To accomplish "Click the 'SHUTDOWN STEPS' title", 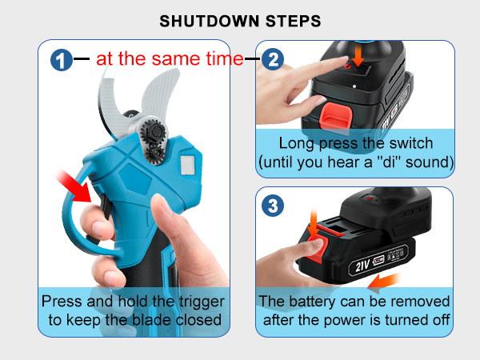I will pos(239,20).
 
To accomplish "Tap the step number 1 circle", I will pos(61,59).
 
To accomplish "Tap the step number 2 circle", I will pos(274,59).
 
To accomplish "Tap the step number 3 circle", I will pos(274,206).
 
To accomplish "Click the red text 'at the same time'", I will pos(170,58).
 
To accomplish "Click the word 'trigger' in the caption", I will pos(198,302).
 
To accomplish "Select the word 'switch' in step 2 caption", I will pos(407,143).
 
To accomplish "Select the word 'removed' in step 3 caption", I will pos(418,302).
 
